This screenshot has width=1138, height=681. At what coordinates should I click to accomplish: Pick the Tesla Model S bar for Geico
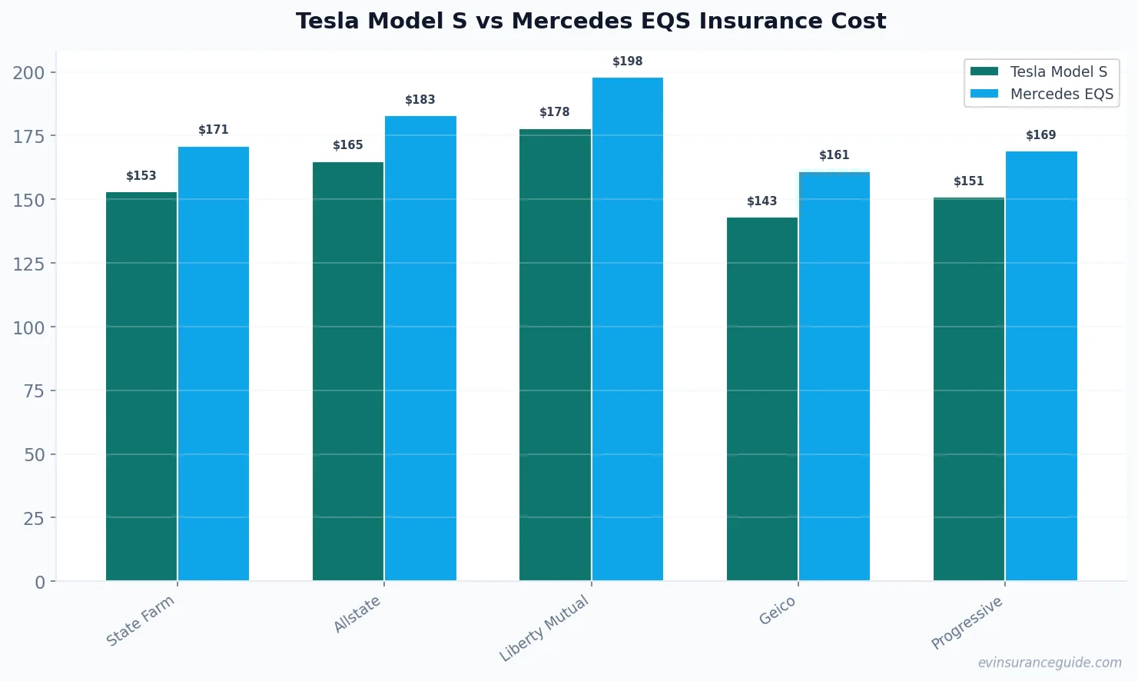click(761, 399)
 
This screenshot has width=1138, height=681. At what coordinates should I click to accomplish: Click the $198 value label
click(627, 61)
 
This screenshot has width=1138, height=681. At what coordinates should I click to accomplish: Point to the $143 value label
click(761, 201)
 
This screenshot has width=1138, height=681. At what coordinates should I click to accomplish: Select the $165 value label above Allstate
click(347, 145)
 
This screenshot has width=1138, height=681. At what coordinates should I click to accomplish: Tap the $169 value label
click(1040, 135)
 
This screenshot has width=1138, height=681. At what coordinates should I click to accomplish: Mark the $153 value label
click(141, 176)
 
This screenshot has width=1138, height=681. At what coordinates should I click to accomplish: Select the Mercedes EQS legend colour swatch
click(984, 94)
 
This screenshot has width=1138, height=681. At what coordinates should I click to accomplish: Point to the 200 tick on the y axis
click(28, 73)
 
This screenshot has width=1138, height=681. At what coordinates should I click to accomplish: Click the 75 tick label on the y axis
click(34, 391)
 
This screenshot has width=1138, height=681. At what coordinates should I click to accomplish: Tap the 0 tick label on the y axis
click(40, 583)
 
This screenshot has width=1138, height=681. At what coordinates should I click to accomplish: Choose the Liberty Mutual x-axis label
click(544, 628)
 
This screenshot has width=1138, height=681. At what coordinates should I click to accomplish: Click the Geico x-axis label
click(777, 612)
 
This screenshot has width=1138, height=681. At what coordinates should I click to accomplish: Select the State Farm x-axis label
click(141, 621)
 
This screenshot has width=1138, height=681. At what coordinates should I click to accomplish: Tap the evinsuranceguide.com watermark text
click(1049, 663)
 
